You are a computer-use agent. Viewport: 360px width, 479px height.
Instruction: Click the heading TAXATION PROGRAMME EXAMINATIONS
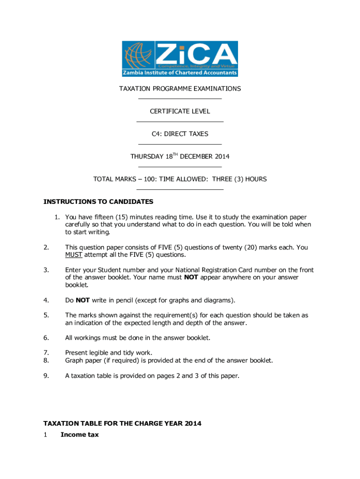pos(180,88)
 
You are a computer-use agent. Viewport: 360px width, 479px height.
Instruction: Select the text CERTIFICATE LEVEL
pos(180,111)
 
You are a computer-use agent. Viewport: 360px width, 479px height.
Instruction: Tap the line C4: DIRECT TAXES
pos(180,134)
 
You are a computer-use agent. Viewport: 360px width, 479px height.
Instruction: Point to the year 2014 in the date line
pos(222,157)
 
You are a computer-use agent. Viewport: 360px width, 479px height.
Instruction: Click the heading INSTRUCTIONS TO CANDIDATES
pos(98,202)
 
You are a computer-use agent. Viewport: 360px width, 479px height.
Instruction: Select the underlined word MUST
pos(73,255)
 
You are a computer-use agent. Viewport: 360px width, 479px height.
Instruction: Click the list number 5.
pos(46,315)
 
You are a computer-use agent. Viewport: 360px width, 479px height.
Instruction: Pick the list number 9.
pos(46,375)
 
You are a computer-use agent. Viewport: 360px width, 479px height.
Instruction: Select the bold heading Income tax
pos(79,435)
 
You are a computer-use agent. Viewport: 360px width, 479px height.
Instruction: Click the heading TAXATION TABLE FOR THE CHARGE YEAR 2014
pos(122,423)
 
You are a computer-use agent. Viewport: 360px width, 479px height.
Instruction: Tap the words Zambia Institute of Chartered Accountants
pos(180,73)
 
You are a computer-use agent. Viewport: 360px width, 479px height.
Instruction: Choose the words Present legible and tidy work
pos(108,353)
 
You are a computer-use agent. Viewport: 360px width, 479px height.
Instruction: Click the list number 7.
pos(46,353)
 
